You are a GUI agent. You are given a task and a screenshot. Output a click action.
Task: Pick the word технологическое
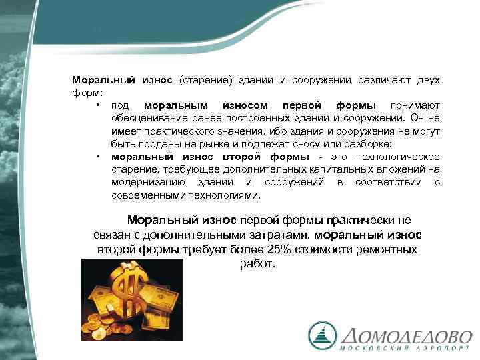tap(402, 157)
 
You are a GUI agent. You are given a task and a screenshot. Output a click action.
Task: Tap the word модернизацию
tap(143, 183)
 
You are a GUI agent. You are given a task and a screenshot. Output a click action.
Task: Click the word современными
tap(142, 195)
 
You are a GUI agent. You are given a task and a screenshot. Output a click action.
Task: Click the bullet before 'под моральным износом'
tap(97, 105)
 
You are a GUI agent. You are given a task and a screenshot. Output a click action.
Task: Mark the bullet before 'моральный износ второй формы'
tap(97, 157)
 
